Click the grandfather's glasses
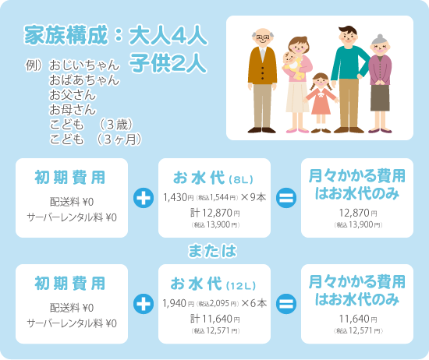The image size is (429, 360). click(x=262, y=37)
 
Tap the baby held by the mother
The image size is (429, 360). click(x=292, y=65)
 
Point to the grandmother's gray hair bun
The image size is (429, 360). click(x=380, y=37)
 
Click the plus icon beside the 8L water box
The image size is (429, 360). click(x=144, y=198)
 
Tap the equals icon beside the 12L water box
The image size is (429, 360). click(x=286, y=304)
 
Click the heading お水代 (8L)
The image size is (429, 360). click(x=213, y=178)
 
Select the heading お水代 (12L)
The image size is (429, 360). click(x=213, y=284)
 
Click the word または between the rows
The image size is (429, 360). click(x=212, y=251)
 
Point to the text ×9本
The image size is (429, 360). click(x=253, y=197)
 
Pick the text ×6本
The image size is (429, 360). click(x=254, y=303)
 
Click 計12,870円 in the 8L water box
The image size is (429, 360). click(x=215, y=213)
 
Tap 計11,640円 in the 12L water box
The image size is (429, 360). click(x=215, y=319)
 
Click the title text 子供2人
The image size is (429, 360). click(x=168, y=63)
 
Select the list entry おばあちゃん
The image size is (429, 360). click(x=84, y=79)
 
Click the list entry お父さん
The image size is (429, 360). click(x=73, y=95)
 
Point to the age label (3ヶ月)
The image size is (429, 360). click(x=119, y=139)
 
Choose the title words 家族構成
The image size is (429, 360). click(x=66, y=35)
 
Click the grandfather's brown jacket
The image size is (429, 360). click(x=262, y=65)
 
